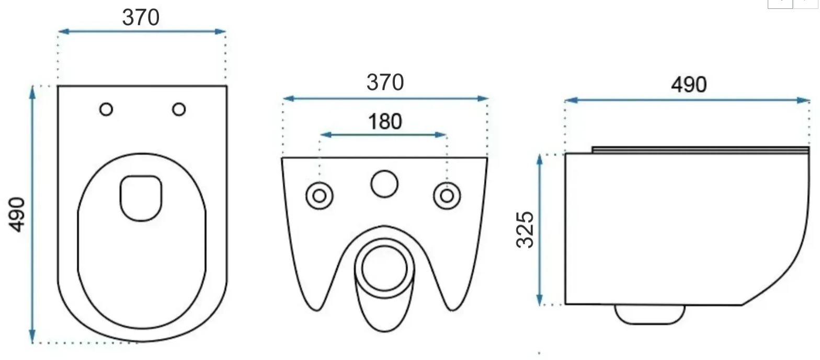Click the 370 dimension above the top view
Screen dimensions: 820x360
coord(141,17)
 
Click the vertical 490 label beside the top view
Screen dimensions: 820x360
coord(17,215)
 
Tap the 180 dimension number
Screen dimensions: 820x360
coord(385,121)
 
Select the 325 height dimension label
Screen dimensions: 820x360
coord(525,230)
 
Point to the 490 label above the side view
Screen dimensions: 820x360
coord(689,85)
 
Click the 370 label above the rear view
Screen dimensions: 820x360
coord(385,82)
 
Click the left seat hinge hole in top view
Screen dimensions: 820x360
coord(106,109)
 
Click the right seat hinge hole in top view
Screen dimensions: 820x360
coord(179,109)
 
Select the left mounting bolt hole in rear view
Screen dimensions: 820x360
coord(320,196)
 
